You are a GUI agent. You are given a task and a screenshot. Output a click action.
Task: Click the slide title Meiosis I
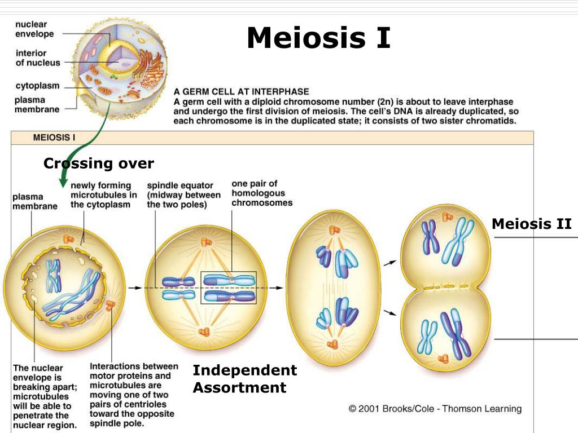pos(318,38)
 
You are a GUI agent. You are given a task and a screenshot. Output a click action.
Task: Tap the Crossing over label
pos(98,164)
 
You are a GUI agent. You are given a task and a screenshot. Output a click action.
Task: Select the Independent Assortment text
pos(244,379)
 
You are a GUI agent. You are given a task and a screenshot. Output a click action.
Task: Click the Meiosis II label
pos(531,224)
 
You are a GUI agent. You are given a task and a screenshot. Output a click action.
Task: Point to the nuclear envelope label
pos(34,29)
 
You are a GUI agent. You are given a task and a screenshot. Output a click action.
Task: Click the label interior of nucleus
pos(37,58)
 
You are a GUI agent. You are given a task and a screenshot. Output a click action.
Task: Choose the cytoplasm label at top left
pos(37,86)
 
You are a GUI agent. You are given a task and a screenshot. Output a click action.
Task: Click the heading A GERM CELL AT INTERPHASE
pos(241,91)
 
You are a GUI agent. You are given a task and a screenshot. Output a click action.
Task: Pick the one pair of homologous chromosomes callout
pos(262,193)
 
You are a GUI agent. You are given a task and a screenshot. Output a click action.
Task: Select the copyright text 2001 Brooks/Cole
pos(435,409)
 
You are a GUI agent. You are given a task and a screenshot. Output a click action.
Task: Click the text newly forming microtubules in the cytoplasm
pos(103,195)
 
